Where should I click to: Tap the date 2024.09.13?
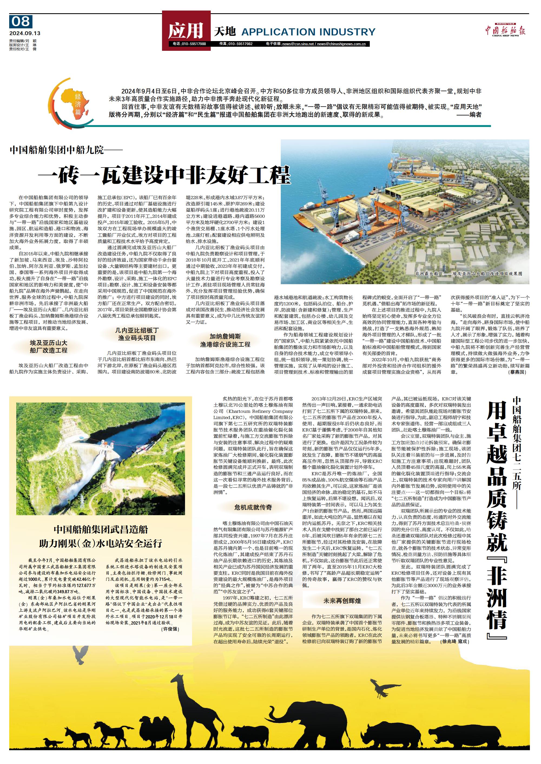coord(25,33)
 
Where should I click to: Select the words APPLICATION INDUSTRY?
coord(308,32)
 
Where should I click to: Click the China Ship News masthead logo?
coord(505,31)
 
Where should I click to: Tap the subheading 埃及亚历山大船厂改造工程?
coord(49,346)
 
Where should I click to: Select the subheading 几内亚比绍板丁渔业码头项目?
coord(137,334)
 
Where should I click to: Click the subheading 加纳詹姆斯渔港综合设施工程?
coord(225,340)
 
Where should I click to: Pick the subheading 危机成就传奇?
coord(253,507)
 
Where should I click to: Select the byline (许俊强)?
coord(170,629)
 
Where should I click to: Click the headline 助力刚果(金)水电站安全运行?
coord(101,544)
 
